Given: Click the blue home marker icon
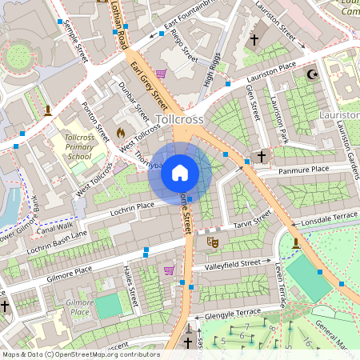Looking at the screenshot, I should click(180, 173).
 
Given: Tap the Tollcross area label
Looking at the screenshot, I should click(181, 119).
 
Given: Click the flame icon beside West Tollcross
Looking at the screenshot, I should click(121, 133).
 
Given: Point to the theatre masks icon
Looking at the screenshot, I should click(213, 241).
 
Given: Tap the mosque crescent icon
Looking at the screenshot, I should click(312, 75).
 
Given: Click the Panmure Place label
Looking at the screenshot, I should click(303, 170).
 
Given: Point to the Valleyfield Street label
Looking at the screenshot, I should click(232, 263).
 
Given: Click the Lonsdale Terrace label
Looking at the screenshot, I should click(325, 217).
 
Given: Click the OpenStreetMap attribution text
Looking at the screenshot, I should click(80, 354).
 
